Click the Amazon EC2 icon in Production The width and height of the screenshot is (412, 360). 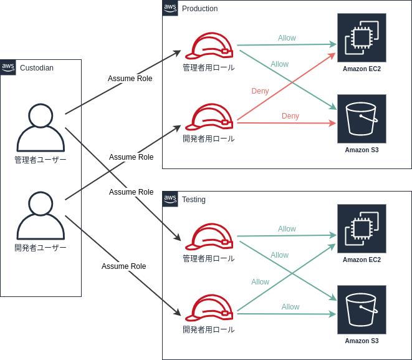pyautogui.click(x=362, y=37)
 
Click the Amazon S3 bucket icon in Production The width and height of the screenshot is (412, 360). pyautogui.click(x=362, y=119)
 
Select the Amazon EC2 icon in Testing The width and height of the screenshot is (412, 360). pyautogui.click(x=362, y=228)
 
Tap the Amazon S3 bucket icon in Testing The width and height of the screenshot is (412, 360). pyautogui.click(x=362, y=309)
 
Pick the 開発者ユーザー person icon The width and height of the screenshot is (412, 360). pyautogui.click(x=41, y=215)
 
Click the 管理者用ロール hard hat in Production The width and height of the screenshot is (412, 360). pyautogui.click(x=209, y=46)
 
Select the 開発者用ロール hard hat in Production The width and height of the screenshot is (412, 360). pyautogui.click(x=209, y=117)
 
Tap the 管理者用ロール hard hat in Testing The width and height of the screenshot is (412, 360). pyautogui.click(x=209, y=236)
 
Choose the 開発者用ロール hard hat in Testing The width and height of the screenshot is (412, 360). pyautogui.click(x=209, y=308)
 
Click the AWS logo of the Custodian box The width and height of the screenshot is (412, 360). pyautogui.click(x=8, y=67)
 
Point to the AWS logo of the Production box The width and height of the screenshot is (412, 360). pyautogui.click(x=170, y=7)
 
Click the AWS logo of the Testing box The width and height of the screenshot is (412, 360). pyautogui.click(x=170, y=198)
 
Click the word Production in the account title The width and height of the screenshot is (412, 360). pyautogui.click(x=199, y=9)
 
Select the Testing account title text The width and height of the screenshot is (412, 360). pyautogui.click(x=194, y=200)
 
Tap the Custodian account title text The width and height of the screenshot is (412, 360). pyautogui.click(x=37, y=68)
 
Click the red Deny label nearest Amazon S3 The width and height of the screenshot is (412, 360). pyautogui.click(x=290, y=116)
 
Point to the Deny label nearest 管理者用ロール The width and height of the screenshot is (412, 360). pyautogui.click(x=261, y=91)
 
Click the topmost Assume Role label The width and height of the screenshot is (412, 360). pyautogui.click(x=130, y=79)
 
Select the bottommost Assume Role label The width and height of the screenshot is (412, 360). pyautogui.click(x=123, y=266)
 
